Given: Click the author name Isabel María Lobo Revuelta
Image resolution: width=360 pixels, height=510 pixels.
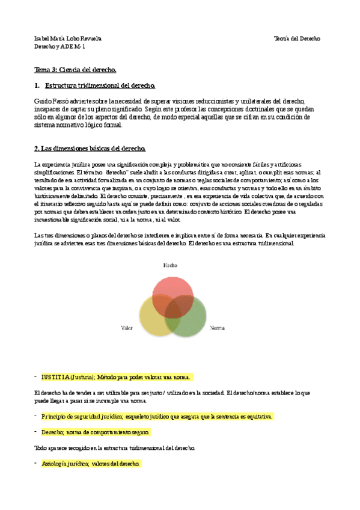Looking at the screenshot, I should (x=68, y=38).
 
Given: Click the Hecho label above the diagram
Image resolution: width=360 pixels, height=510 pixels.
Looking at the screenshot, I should (x=171, y=265).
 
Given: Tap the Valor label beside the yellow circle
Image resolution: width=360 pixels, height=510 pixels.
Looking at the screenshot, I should (x=127, y=328).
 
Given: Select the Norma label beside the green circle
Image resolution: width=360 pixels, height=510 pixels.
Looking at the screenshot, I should (x=217, y=328).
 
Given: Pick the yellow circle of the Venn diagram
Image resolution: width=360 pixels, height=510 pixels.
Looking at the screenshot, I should (x=153, y=319).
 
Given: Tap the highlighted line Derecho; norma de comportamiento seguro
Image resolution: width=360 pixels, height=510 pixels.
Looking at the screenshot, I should (x=96, y=432).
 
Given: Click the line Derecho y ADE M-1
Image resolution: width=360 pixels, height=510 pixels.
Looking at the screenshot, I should (x=59, y=46).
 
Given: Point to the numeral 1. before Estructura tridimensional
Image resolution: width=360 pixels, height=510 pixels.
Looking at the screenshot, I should (x=37, y=87).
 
